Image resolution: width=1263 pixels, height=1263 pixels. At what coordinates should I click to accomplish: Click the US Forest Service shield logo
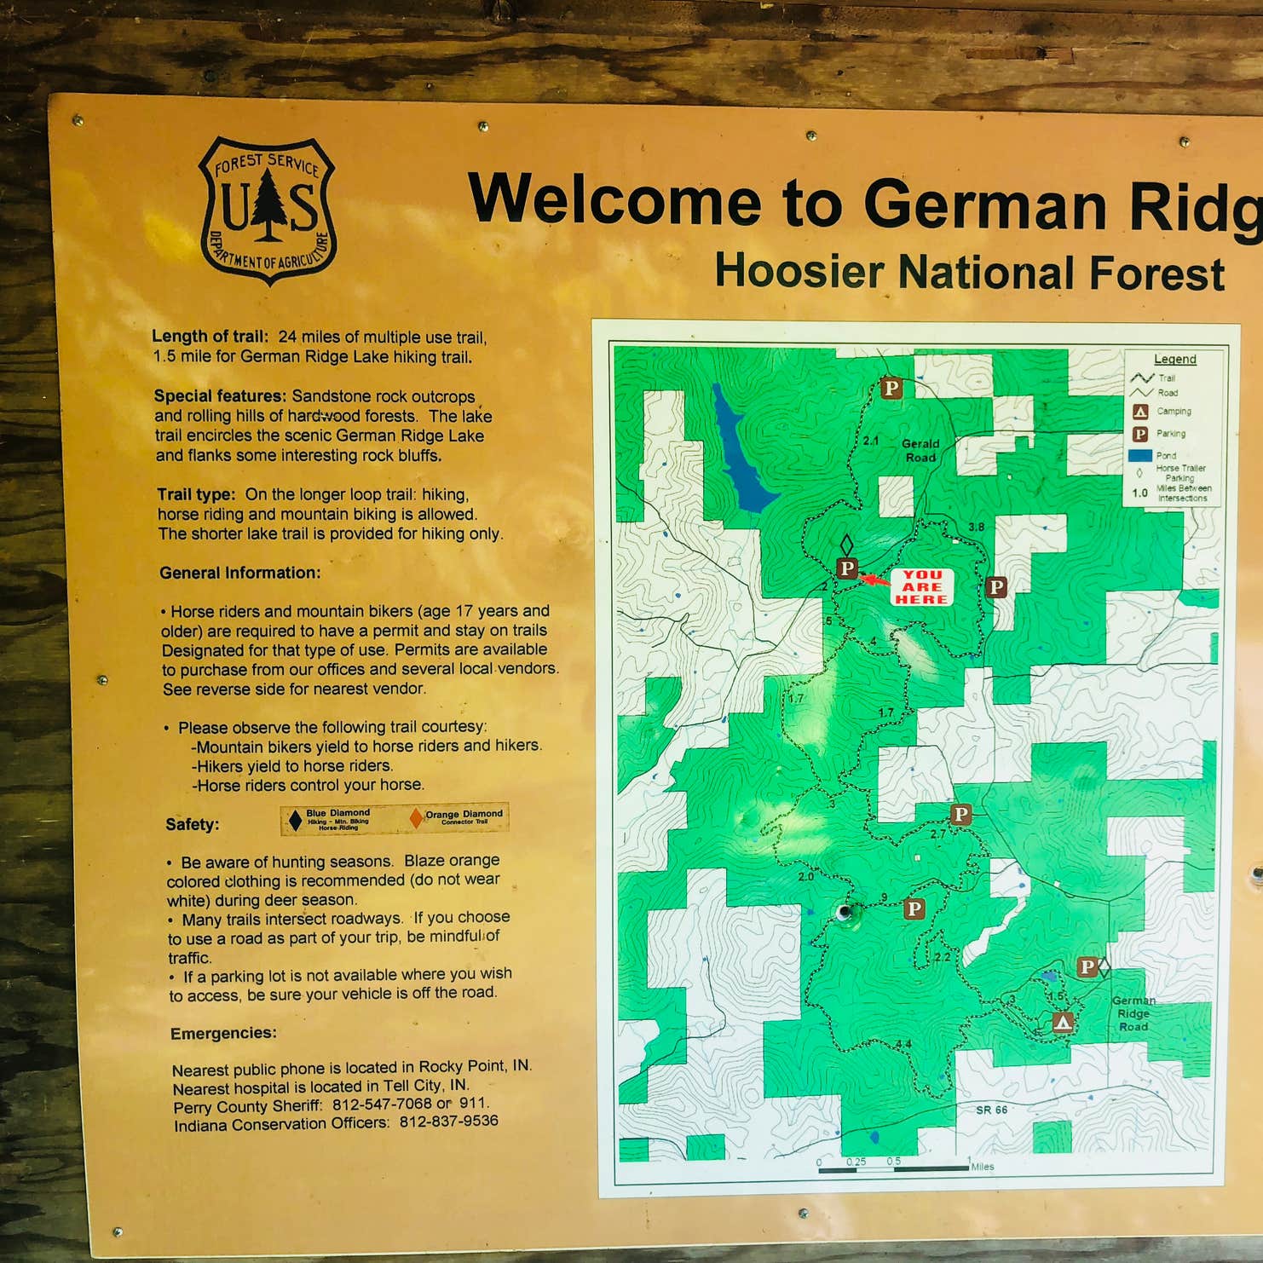click(268, 210)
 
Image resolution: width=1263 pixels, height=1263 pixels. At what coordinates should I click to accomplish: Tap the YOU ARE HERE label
click(921, 587)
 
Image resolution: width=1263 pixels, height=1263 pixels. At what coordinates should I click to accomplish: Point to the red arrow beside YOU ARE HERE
click(874, 580)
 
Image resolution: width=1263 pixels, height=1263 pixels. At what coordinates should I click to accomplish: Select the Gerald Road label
click(920, 450)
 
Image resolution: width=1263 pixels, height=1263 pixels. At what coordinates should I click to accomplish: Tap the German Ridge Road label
click(1133, 1013)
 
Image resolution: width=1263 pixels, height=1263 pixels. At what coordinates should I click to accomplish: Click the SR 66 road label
click(991, 1110)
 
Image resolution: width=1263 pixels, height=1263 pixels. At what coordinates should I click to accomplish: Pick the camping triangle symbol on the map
click(1062, 1021)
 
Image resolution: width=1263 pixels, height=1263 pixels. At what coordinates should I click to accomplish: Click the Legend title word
click(1174, 360)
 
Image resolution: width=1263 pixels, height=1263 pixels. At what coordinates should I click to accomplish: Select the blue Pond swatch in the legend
click(1139, 455)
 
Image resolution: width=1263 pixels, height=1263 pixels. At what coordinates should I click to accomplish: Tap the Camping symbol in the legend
click(1139, 412)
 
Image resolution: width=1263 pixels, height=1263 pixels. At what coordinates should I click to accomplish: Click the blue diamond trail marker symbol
click(295, 820)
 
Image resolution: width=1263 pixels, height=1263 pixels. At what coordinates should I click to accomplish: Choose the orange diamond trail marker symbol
click(416, 818)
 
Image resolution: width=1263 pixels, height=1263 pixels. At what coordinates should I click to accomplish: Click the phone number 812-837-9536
click(448, 1122)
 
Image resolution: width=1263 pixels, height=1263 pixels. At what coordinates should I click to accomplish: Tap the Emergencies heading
click(223, 1034)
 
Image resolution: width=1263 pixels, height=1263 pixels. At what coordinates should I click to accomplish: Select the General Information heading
click(239, 573)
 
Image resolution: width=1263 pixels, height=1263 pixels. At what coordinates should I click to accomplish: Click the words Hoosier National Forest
click(969, 273)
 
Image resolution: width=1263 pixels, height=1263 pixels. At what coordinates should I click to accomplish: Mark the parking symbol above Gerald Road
click(891, 389)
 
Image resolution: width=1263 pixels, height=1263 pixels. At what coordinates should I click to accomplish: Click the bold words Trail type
click(195, 494)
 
